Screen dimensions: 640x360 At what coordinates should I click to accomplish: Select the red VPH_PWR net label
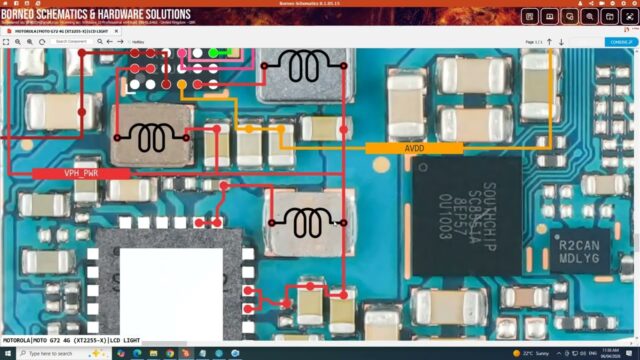81,173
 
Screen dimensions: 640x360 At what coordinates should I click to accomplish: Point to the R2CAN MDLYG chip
579,250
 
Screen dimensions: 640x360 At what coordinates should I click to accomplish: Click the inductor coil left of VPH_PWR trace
150,135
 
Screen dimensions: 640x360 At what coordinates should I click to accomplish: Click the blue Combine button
619,42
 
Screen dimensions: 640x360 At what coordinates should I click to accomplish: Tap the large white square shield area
171,290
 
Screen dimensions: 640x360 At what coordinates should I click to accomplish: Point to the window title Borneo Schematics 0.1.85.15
319,3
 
